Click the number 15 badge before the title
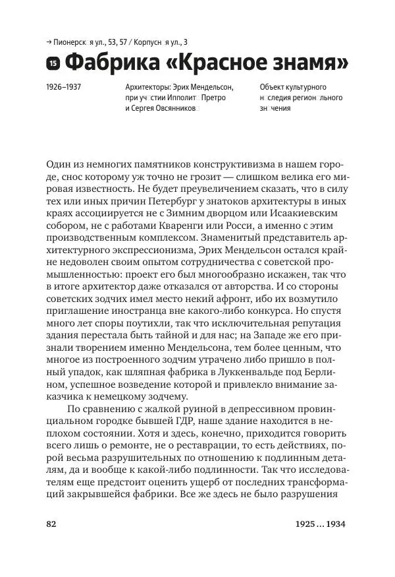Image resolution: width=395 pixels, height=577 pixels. (x=53, y=64)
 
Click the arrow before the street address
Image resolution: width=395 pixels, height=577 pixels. (x=49, y=40)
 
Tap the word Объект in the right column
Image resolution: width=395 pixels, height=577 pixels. (x=275, y=86)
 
